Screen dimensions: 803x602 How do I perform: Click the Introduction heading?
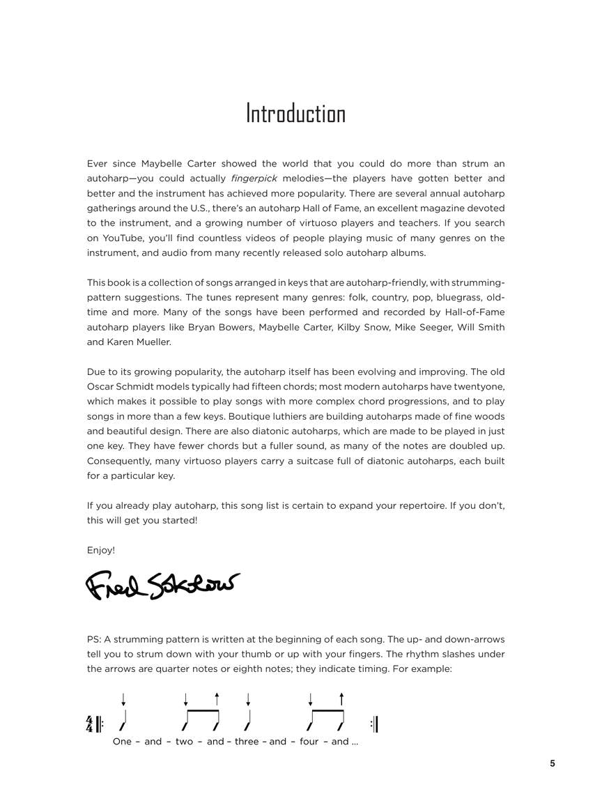(x=295, y=114)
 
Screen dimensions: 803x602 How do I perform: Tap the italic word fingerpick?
(x=254, y=178)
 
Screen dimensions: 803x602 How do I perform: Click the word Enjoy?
(x=101, y=550)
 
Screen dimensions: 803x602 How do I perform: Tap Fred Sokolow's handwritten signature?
(x=162, y=586)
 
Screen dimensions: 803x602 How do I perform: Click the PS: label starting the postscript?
(x=94, y=639)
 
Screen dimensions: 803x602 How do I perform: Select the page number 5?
(x=553, y=763)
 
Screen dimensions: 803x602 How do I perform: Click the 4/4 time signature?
(x=90, y=724)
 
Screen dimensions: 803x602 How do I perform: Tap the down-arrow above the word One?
(x=123, y=699)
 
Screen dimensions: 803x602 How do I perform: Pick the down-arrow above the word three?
(x=248, y=699)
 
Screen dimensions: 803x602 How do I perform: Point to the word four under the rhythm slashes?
(x=309, y=742)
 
